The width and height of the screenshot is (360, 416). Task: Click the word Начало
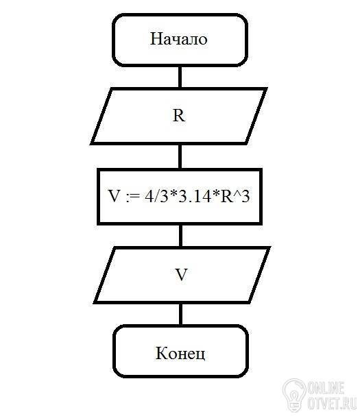(x=179, y=39)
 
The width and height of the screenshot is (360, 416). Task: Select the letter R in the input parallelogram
(x=179, y=116)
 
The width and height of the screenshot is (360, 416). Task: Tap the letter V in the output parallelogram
(x=182, y=275)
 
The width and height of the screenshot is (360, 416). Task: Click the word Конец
(x=180, y=353)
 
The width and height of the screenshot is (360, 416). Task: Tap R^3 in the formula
(x=235, y=197)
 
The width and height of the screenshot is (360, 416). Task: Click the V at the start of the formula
(x=115, y=197)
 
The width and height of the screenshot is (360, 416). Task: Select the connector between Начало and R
(x=180, y=76)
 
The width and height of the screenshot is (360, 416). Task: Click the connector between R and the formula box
(x=180, y=156)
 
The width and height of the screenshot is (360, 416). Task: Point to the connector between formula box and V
(x=181, y=236)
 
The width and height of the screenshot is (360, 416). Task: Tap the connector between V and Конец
(x=181, y=314)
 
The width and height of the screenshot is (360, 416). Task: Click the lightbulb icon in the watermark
(x=294, y=395)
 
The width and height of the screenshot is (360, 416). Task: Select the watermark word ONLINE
(x=326, y=388)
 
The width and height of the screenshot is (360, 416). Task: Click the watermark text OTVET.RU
(x=332, y=403)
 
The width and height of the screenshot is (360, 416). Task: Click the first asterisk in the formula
(x=173, y=193)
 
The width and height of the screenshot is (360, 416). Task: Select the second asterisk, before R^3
(x=216, y=193)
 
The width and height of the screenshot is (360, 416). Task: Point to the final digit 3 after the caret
(x=245, y=197)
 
